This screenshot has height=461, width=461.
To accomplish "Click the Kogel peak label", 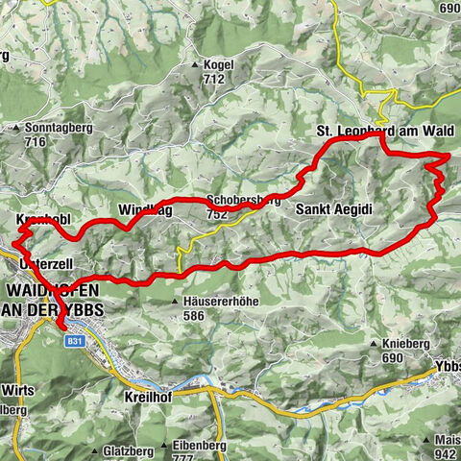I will click(x=219, y=64).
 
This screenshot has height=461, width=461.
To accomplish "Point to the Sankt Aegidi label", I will click(x=333, y=208).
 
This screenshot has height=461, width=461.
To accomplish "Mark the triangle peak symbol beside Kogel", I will click(x=195, y=64).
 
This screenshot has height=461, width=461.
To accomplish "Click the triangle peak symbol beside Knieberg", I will click(x=374, y=343).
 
